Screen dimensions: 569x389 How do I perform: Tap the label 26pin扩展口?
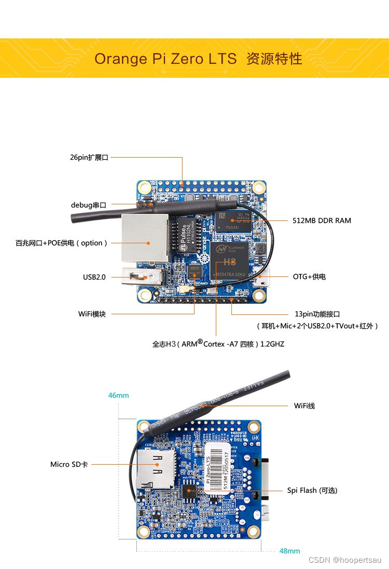pos(89,157)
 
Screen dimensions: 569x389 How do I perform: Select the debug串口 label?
pos(88,205)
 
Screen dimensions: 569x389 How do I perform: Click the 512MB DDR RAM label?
pos(322,220)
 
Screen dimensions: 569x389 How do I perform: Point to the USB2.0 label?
pos(94,277)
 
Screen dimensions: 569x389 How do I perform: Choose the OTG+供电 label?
pos(309,276)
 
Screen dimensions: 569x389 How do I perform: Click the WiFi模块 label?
pos(92,314)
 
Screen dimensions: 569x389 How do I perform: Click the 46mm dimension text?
pos(118,395)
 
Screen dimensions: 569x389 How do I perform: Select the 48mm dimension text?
pos(289,551)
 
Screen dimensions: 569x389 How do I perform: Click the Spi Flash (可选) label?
pos(312,490)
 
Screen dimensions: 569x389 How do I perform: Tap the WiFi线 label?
pos(304,406)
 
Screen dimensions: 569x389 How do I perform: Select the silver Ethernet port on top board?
pos(145,238)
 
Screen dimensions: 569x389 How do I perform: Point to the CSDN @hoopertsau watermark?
pos(344,560)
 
